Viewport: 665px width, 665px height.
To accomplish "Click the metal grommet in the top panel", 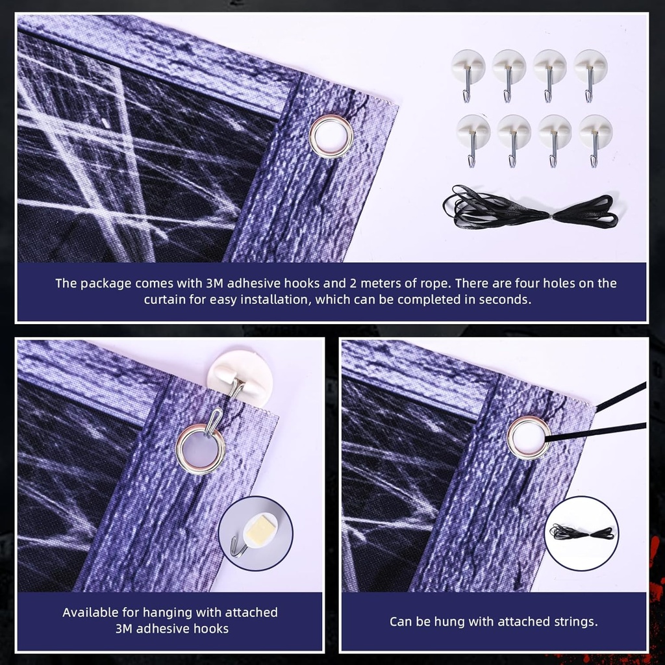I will (x=331, y=137).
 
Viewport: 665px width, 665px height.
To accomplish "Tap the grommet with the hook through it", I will (x=200, y=449).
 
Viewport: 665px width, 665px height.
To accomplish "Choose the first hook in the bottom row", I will (x=473, y=138).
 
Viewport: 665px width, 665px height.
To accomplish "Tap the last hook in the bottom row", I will (x=595, y=138).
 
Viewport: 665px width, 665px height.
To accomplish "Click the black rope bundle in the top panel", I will (x=529, y=209).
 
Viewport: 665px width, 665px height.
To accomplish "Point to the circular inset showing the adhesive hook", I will (x=255, y=533).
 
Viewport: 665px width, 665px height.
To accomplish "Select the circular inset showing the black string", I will (x=581, y=533).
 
